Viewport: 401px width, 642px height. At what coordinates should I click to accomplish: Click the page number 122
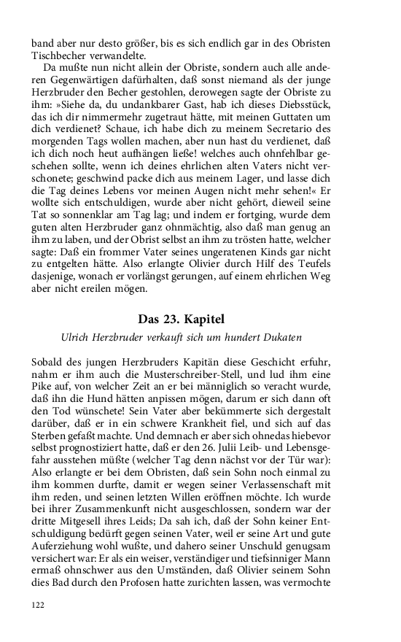click(x=39, y=604)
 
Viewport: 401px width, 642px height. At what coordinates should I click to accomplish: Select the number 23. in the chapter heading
click(x=185, y=320)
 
